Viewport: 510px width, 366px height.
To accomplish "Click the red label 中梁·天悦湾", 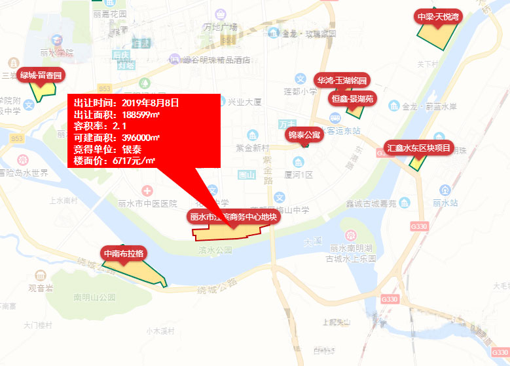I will pos(438,16).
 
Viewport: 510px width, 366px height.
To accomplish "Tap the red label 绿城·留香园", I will pos(41,75).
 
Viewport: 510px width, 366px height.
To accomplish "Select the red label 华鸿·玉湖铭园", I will pos(342,80).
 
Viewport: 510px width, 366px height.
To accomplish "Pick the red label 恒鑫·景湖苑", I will pos(351,99).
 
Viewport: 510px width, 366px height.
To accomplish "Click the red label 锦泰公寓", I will pos(304,135).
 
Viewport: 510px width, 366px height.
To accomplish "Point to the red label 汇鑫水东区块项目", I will pos(418,147).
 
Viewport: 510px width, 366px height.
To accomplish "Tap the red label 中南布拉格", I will pos(123,253).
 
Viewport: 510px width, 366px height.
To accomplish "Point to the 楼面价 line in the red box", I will pos(115,160).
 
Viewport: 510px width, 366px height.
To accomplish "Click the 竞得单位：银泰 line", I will pos(108,149).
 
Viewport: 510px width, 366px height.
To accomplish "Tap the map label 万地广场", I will pos(220,27).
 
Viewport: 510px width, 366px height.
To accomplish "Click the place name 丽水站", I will pos(445,203).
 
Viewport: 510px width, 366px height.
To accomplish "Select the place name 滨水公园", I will pos(215,250).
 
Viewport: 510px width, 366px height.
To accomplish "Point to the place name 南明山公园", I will pos(94,296).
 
